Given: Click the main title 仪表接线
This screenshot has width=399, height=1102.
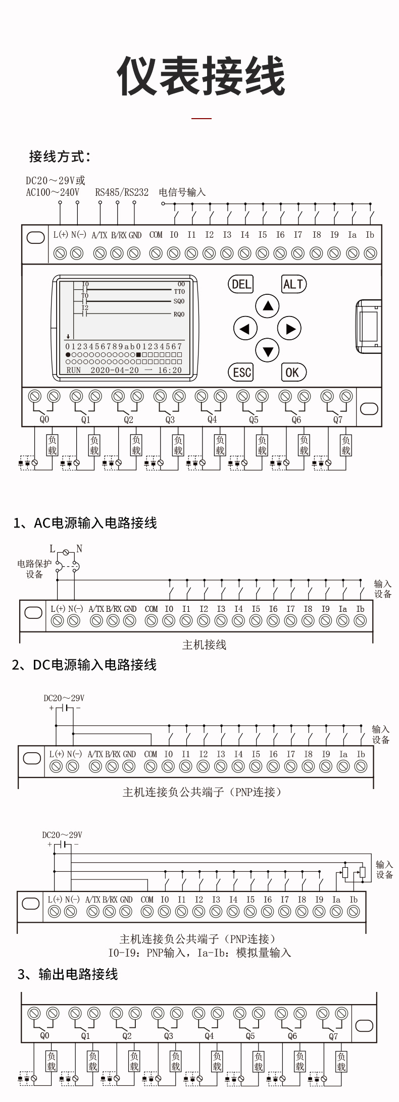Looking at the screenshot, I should pyautogui.click(x=201, y=76).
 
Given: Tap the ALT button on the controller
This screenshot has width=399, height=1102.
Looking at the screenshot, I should pyautogui.click(x=293, y=284).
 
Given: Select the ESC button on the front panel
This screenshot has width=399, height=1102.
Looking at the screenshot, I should pyautogui.click(x=241, y=373).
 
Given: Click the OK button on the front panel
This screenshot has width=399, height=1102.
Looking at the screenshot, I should pyautogui.click(x=293, y=373).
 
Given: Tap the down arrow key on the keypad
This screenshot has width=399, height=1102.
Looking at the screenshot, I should pyautogui.click(x=268, y=351).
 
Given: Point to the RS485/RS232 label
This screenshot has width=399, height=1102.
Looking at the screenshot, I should pyautogui.click(x=122, y=192).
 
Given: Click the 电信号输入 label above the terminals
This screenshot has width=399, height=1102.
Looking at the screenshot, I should pyautogui.click(x=182, y=192).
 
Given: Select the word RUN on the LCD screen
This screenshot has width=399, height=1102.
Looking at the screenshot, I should pyautogui.click(x=74, y=370).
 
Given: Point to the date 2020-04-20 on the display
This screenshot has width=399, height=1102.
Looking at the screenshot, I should pyautogui.click(x=115, y=370).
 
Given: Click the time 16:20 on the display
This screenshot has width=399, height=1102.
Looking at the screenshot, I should pyautogui.click(x=170, y=370).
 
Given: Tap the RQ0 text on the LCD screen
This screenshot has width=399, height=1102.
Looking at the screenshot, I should pyautogui.click(x=179, y=314).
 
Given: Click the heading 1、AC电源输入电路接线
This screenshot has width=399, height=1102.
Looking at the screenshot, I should pyautogui.click(x=85, y=523).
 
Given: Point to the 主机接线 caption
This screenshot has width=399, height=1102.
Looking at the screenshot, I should pyautogui.click(x=204, y=645).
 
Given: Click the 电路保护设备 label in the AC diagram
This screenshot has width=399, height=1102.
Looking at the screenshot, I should pyautogui.click(x=34, y=569).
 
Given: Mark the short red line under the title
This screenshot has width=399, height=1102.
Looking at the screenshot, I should pyautogui.click(x=202, y=119).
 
